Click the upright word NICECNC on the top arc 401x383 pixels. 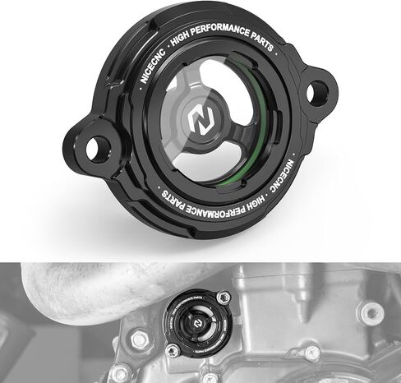pos(152,66)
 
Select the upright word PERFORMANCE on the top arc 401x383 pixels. pos(219,29)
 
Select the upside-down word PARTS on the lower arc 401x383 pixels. pos(173,198)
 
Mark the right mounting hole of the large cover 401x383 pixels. pos(316,93)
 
